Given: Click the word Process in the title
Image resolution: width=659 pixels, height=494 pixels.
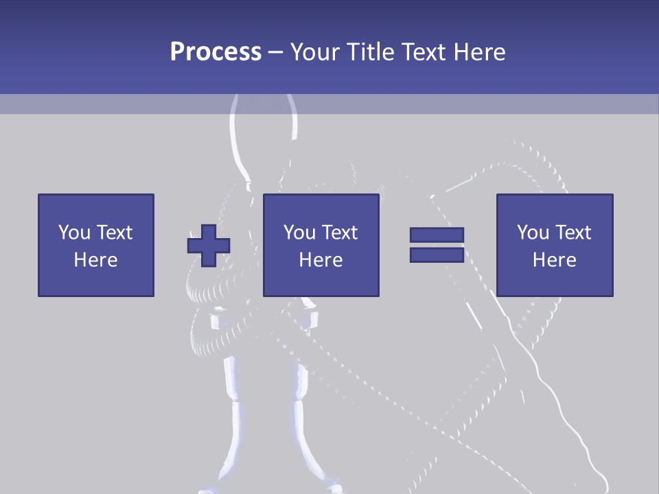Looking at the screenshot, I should pos(216,52).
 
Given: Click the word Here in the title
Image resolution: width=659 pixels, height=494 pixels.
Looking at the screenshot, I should pos(478,52).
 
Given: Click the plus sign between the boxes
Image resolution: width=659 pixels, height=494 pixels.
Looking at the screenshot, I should pos(209,245).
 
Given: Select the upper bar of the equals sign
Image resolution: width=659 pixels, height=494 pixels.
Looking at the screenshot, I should pos(437,235).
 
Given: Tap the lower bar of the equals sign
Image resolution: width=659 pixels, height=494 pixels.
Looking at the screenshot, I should pos(437,255).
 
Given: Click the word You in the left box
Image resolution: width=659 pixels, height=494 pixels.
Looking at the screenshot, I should pos(73,233).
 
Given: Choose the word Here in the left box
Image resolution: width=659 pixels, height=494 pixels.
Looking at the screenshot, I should pos(95,260).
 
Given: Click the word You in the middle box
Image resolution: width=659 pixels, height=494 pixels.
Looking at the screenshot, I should pos(299,233).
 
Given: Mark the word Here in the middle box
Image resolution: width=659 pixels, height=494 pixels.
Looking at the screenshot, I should pos(321,260).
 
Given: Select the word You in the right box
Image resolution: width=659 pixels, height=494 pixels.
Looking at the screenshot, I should pos(533,233).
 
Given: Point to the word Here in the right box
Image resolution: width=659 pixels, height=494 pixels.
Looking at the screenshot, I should pos(555,260).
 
